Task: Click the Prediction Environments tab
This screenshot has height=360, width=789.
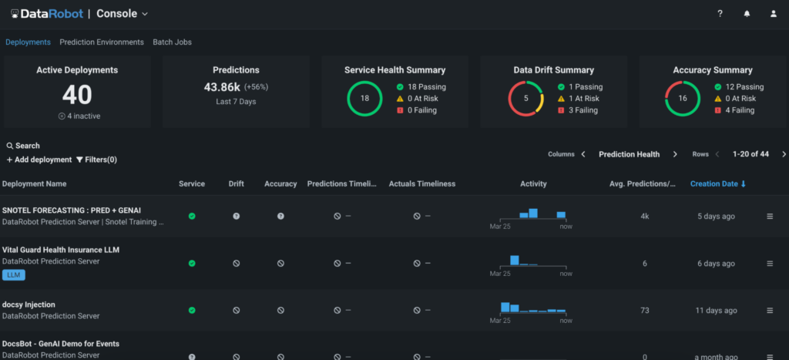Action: [102, 42]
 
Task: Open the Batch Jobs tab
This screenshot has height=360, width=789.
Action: [172, 42]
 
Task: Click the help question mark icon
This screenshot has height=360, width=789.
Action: [720, 14]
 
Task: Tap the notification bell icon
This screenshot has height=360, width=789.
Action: [747, 14]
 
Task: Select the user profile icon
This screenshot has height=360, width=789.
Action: [774, 14]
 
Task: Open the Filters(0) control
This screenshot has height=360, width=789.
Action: [96, 160]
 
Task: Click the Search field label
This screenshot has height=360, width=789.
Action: [23, 146]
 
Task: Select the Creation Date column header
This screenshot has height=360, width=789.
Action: [718, 184]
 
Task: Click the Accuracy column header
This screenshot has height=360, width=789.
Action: [280, 184]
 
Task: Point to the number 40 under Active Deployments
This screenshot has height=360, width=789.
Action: [77, 95]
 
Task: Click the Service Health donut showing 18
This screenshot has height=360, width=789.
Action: [365, 99]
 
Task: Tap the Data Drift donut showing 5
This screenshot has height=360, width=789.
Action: [526, 99]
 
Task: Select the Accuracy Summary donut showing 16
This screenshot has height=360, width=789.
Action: [682, 99]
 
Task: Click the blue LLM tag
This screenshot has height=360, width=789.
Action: [14, 274]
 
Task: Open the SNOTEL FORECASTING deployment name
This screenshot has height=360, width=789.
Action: [72, 210]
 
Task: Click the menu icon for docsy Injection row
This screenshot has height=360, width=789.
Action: [769, 311]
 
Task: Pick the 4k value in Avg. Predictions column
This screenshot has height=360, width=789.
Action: [644, 217]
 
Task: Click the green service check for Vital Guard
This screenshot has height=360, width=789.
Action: [192, 263]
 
